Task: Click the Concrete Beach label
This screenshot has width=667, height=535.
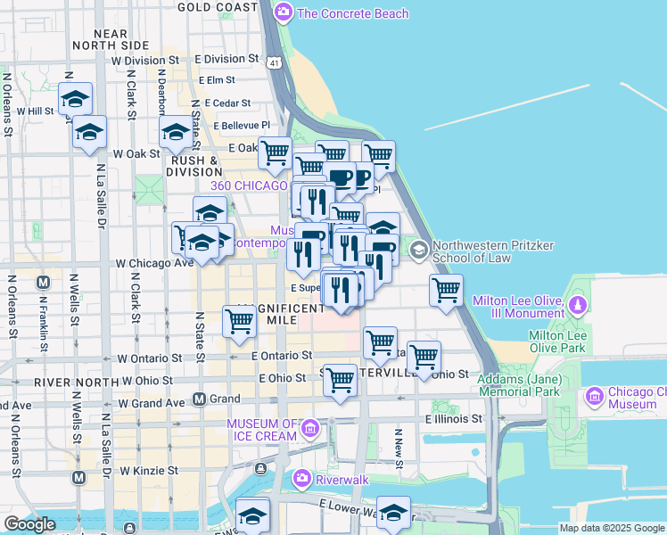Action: [x=353, y=13]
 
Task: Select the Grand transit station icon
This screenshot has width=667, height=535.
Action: [x=200, y=399]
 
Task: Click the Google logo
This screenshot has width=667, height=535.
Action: [x=29, y=524]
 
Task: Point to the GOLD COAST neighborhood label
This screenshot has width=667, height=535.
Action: [x=217, y=7]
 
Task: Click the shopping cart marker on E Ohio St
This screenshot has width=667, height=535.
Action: [x=340, y=379]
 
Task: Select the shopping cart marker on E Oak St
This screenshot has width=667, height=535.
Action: [x=275, y=152]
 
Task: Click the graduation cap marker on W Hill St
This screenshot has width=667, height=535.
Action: [x=76, y=99]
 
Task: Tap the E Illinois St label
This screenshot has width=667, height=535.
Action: [x=453, y=418]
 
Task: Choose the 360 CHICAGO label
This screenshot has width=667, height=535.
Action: [x=250, y=185]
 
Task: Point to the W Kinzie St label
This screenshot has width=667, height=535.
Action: [x=149, y=469]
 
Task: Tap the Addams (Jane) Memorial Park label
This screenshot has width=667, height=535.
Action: [x=518, y=385]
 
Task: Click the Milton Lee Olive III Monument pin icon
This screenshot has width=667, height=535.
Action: [x=578, y=307]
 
